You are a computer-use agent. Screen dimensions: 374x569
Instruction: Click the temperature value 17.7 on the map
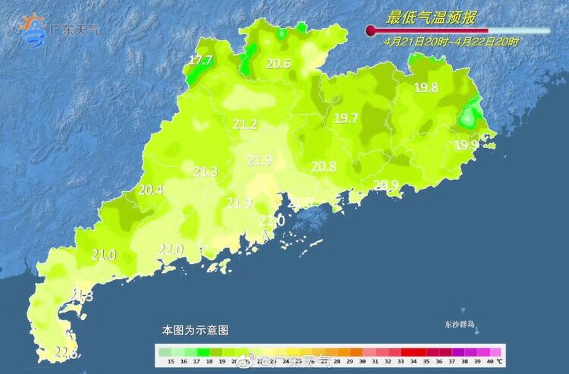200,60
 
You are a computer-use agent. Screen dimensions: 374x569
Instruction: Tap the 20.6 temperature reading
279,63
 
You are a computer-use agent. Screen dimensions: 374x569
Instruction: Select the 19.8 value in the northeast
426,87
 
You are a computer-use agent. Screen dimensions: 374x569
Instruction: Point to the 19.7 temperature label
346,118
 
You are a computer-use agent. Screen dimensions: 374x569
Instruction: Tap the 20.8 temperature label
324,167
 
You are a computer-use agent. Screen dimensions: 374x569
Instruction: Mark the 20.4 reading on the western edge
151,190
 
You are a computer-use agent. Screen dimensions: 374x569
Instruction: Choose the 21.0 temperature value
104,255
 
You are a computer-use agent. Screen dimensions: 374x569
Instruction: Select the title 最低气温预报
431,18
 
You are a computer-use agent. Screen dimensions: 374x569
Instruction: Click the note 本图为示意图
195,330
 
